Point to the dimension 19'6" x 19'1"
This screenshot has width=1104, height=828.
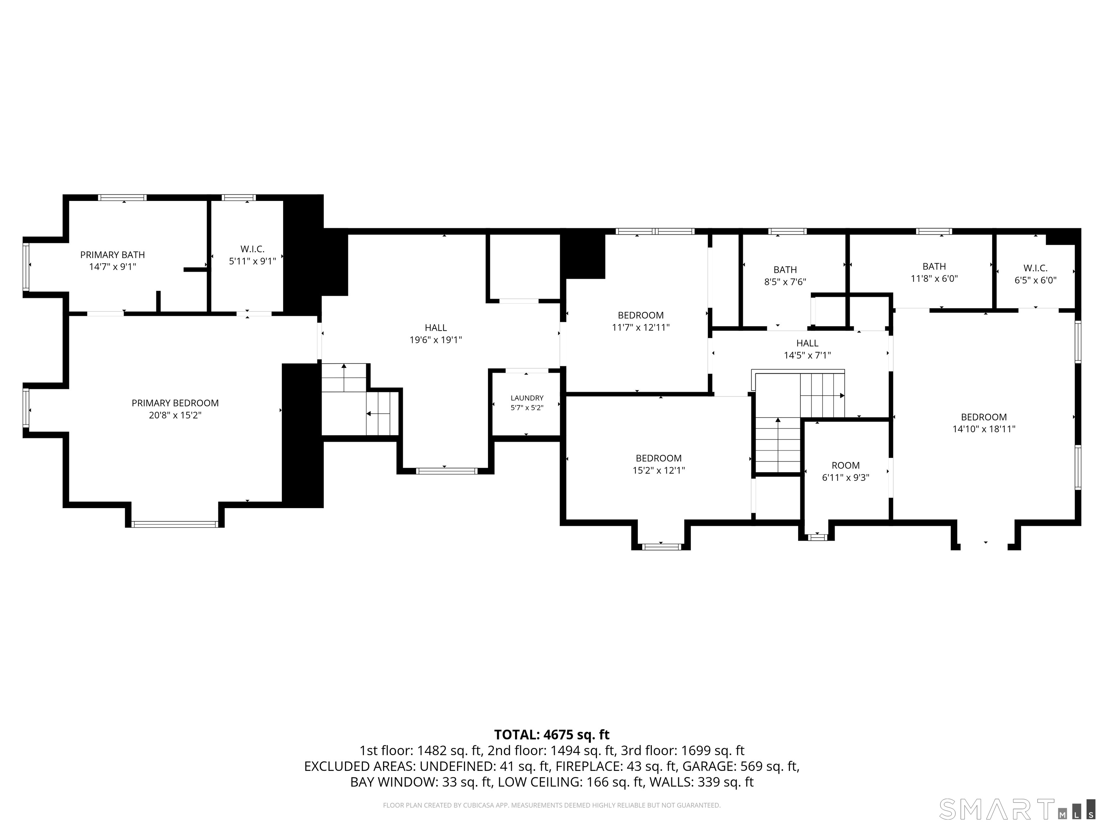pos(436,340)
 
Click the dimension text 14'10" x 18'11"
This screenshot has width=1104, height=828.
pos(984,429)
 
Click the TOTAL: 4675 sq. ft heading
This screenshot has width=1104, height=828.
pos(552,735)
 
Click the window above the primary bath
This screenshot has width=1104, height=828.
pos(122,198)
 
